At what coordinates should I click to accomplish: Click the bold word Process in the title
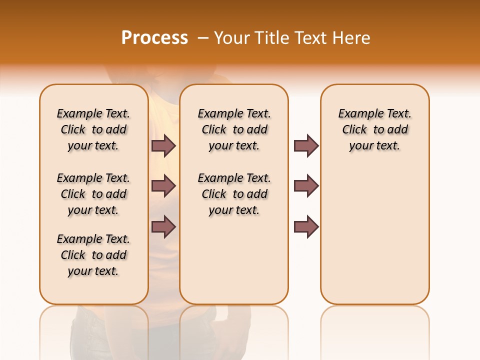point(154,38)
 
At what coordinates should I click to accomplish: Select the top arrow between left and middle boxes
point(163,146)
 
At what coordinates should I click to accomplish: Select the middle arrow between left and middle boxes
point(163,186)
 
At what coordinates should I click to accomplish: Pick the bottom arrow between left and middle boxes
point(163,226)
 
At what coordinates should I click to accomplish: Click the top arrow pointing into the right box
point(306,146)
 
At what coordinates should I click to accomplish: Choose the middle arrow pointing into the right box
point(306,186)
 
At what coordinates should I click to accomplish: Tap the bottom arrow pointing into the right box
point(306,226)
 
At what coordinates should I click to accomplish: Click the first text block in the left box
point(93,129)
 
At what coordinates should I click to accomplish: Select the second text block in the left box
point(93,194)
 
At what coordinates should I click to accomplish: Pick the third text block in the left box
point(93,255)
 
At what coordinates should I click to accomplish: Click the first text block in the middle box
point(234,129)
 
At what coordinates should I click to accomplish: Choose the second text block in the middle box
point(234,194)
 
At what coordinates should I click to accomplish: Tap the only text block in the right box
point(374,129)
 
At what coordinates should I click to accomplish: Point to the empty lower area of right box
point(374,240)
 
